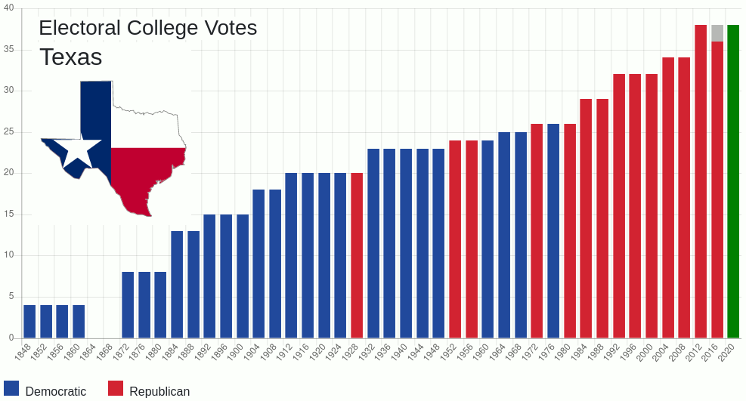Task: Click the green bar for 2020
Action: tap(733, 181)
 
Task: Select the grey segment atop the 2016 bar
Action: tap(717, 33)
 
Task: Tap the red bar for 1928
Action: tap(357, 255)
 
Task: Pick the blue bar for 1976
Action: tap(553, 231)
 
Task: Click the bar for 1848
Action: tap(29, 322)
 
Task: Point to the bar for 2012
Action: tap(701, 181)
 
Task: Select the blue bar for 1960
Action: tap(488, 239)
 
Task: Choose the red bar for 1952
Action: tap(455, 239)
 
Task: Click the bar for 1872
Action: tap(128, 305)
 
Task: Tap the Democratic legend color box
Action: tap(11, 388)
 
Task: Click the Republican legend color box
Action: tap(116, 388)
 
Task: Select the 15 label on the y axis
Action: tap(9, 214)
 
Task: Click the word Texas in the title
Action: tap(70, 57)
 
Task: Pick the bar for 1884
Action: tap(177, 285)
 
